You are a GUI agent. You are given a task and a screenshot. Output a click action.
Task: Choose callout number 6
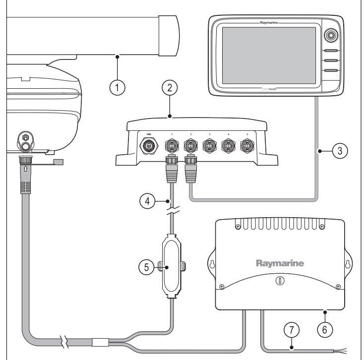325,328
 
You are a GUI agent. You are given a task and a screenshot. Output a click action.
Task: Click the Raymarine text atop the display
271,23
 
